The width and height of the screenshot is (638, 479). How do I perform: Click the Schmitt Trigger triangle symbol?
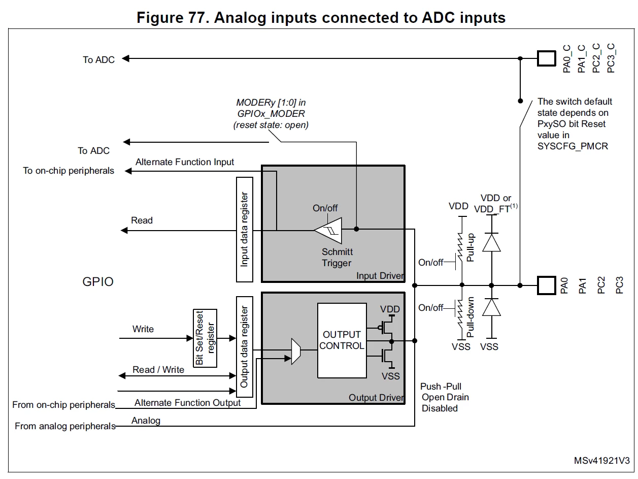click(x=330, y=230)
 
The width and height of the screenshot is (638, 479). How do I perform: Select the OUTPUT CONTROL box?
click(x=342, y=340)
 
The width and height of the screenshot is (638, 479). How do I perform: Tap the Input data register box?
click(x=245, y=230)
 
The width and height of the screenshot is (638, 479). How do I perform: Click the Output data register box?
click(x=245, y=346)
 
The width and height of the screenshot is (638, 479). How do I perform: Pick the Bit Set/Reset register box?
click(x=205, y=338)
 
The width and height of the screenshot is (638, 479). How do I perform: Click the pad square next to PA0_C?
click(x=547, y=58)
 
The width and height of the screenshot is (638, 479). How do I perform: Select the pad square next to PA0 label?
click(x=547, y=285)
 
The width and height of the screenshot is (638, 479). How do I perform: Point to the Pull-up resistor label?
click(x=471, y=247)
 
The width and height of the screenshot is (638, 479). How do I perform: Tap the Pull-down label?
click(x=471, y=317)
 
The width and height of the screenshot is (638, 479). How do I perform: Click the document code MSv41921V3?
click(x=601, y=461)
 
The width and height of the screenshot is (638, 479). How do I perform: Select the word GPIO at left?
click(x=98, y=281)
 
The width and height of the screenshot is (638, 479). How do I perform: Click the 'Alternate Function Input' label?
click(x=185, y=162)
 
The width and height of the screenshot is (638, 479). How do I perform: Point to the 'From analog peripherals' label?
click(x=65, y=426)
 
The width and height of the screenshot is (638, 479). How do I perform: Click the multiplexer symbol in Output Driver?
click(x=296, y=351)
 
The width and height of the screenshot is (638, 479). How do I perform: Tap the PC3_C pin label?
click(x=611, y=58)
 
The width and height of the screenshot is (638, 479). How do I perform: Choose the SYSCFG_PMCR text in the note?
click(x=573, y=146)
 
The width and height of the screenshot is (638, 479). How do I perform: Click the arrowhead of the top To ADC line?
click(x=125, y=58)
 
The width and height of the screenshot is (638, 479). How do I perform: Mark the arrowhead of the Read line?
click(x=124, y=231)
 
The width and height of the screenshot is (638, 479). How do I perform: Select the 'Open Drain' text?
click(x=445, y=397)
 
